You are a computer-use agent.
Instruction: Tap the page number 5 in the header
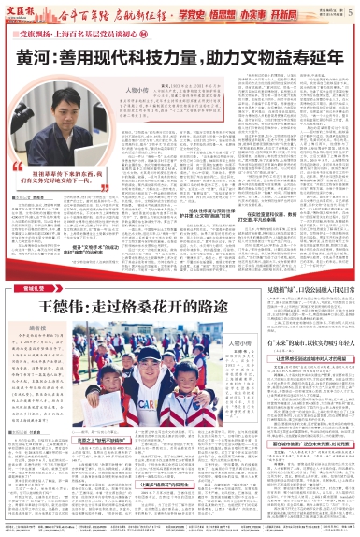point(350,12)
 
